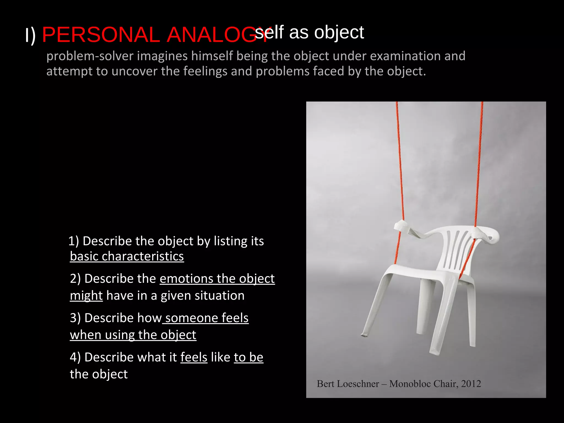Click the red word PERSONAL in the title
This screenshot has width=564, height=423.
[101, 35]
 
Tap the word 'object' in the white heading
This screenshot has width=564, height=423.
[339, 32]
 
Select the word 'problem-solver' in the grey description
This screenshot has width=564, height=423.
[90, 56]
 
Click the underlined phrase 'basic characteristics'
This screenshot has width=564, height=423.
[127, 256]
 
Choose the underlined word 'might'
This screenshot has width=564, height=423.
[86, 296]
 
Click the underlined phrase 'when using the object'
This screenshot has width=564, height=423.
[133, 335]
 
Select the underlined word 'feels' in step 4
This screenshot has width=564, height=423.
[194, 357]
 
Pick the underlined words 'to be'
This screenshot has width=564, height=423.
[248, 357]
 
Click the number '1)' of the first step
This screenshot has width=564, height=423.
[74, 241]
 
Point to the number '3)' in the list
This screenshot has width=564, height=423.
[75, 318]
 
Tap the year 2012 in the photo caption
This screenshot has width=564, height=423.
[471, 384]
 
